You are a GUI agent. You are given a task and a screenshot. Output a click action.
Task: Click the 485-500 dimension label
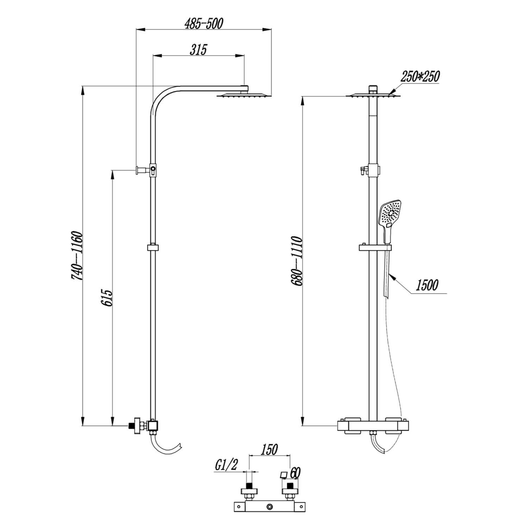(204, 24)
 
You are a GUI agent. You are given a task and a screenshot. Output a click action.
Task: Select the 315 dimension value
(198, 50)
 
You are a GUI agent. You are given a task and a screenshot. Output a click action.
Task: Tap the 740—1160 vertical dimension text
(77, 256)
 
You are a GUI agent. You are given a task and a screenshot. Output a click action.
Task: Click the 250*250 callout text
(420, 76)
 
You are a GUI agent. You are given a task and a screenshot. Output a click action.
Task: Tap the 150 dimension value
(269, 450)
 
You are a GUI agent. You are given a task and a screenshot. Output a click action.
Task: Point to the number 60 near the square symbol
(296, 473)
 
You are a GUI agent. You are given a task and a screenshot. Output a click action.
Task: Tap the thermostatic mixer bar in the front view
(373, 426)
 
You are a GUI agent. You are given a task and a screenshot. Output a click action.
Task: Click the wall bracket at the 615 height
(141, 170)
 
